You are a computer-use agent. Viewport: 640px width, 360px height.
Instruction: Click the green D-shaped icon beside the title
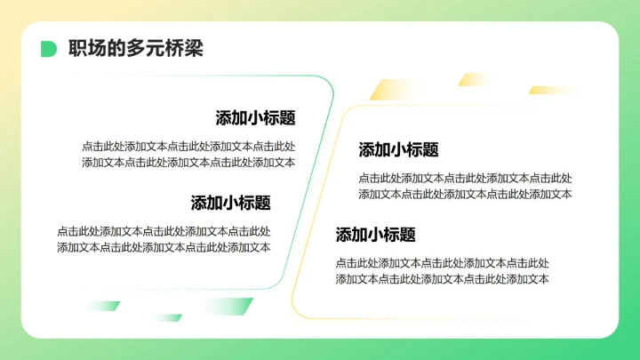49,49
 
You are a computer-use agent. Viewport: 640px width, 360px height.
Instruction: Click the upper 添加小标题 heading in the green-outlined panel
255,118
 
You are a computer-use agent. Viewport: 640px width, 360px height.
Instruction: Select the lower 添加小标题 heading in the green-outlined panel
230,203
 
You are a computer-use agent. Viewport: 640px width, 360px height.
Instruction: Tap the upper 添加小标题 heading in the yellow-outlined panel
398,150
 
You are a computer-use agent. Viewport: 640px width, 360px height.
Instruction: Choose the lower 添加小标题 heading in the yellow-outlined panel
375,236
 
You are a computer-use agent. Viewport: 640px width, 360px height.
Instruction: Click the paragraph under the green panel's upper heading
188,154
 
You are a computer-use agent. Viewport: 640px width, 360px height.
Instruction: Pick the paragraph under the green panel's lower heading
164,239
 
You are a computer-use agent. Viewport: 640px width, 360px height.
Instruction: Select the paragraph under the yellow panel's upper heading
465,186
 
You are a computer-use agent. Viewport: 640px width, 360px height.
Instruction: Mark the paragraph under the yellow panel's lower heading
442,271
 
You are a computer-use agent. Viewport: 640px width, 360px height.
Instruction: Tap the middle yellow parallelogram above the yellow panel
476,79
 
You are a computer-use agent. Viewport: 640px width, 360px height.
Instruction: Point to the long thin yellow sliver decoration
556,90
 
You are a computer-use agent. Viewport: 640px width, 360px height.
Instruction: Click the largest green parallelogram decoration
227,307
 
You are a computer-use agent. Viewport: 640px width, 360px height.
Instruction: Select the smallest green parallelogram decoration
166,317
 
